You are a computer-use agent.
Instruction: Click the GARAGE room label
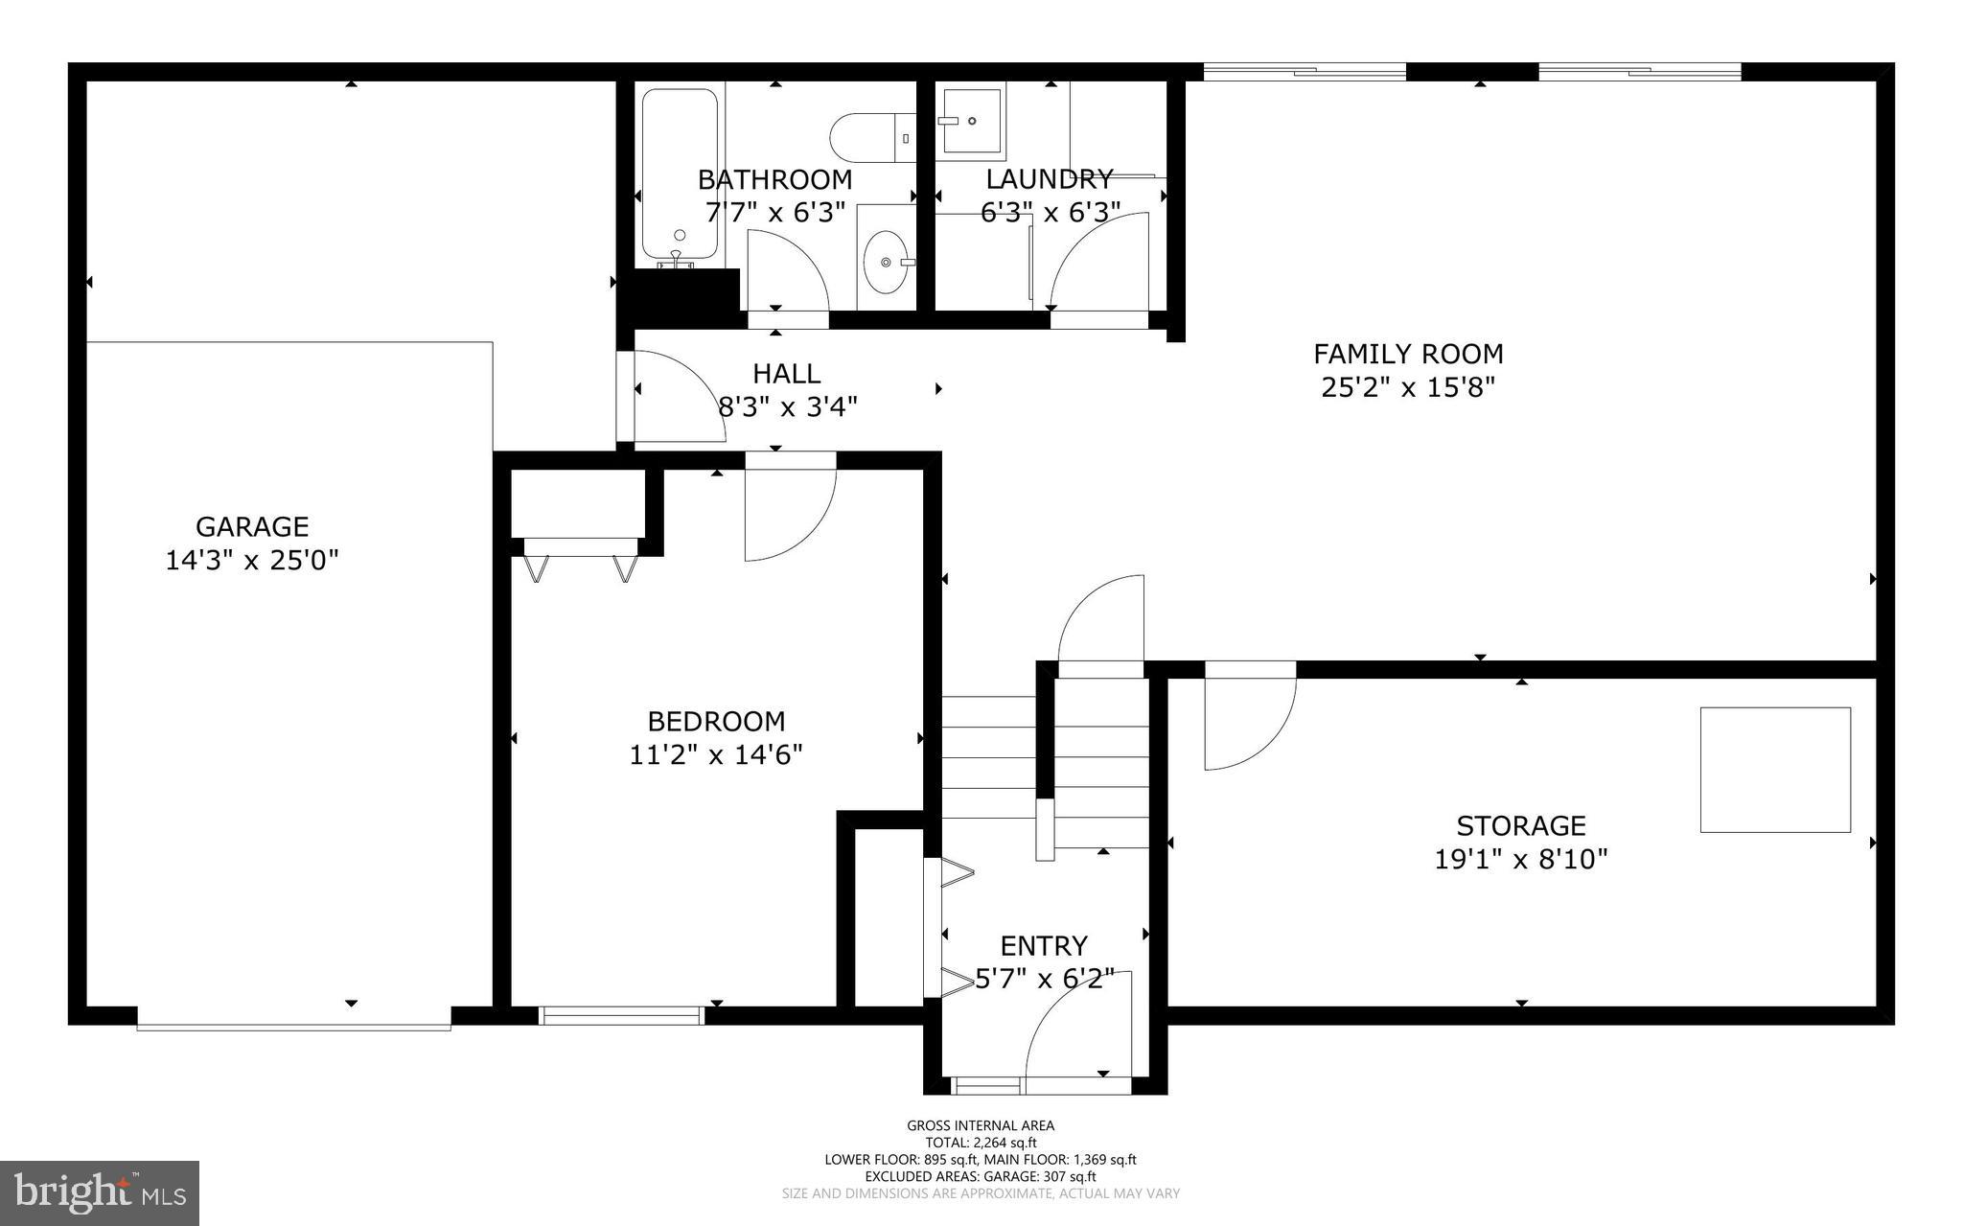point(252,526)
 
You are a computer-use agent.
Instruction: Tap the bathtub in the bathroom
point(679,174)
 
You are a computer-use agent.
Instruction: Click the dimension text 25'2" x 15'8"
point(1407,388)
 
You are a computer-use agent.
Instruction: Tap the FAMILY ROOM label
point(1407,354)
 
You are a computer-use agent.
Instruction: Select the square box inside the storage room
point(1774,770)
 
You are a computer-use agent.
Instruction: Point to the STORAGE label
point(1520,825)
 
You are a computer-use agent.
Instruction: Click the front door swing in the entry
point(1078,1030)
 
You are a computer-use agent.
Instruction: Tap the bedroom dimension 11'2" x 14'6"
point(715,755)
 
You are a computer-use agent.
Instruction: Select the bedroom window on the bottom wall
point(621,1016)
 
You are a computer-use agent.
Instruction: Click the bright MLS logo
point(100,1192)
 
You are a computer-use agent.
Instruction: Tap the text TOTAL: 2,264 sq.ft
point(981,1143)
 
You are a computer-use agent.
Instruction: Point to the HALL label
point(786,373)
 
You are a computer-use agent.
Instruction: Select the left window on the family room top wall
point(1304,70)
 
